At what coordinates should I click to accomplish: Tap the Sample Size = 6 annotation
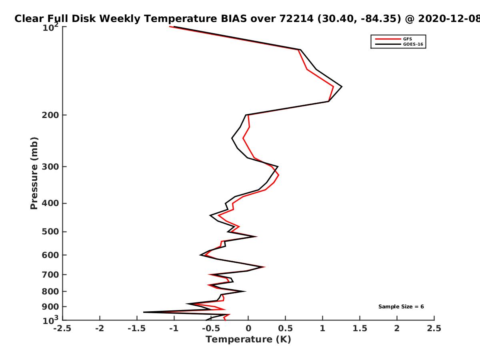[401, 307]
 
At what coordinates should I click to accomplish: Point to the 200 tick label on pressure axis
[50, 115]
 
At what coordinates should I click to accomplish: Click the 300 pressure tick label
[50, 167]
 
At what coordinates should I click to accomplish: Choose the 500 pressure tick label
[50, 232]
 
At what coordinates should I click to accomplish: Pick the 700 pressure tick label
[50, 275]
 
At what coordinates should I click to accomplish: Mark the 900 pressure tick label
[50, 307]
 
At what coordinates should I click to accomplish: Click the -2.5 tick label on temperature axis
[62, 328]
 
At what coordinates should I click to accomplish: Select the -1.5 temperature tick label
[137, 328]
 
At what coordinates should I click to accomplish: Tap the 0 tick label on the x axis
[248, 328]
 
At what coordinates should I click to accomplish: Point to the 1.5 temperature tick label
[360, 328]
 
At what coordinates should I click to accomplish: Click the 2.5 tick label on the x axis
[434, 328]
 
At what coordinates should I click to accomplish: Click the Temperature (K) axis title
[248, 340]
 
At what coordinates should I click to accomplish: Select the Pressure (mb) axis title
[34, 173]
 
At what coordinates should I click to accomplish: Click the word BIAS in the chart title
[234, 19]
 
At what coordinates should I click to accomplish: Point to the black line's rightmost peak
[342, 87]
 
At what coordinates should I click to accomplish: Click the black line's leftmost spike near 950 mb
[144, 312]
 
